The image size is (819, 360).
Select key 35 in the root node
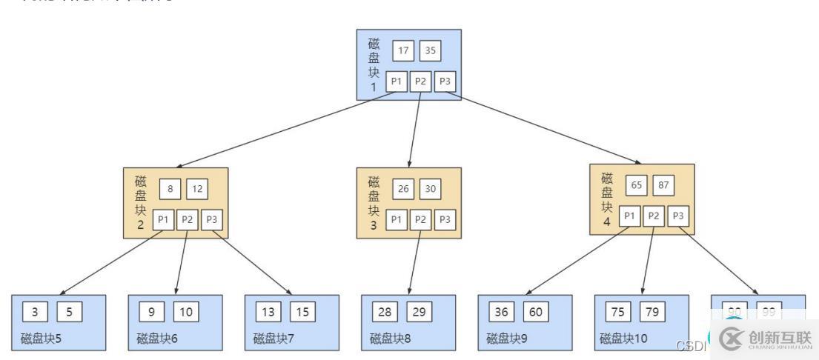(430, 51)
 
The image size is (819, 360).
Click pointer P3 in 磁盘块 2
(213, 220)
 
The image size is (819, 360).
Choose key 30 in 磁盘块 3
(430, 188)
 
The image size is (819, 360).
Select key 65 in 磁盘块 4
(636, 184)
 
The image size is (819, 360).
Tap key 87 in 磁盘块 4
(663, 184)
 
